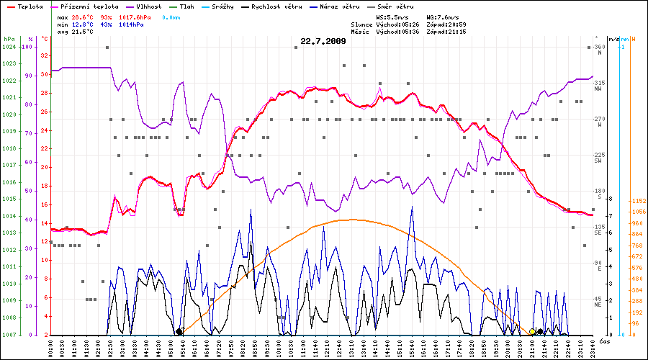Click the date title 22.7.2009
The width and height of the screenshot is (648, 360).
pyautogui.click(x=323, y=41)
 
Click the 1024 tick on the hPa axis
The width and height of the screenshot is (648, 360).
pyautogui.click(x=9, y=47)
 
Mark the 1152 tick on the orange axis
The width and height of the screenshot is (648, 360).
pyautogui.click(x=638, y=201)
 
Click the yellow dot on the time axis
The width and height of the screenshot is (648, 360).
pyautogui.click(x=533, y=332)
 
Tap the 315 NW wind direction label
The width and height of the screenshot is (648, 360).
pyautogui.click(x=598, y=86)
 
